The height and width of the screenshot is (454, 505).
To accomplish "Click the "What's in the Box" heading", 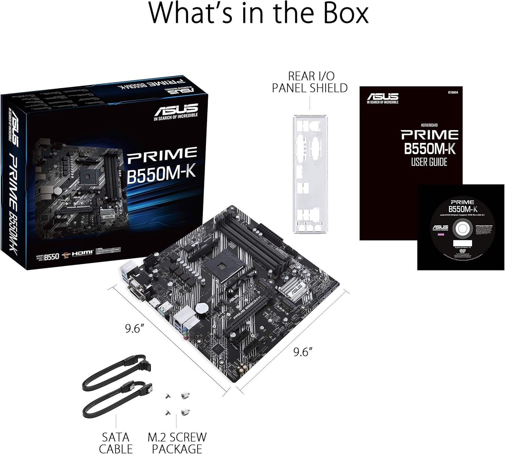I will (258, 13).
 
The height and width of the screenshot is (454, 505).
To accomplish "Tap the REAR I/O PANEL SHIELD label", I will (310, 82).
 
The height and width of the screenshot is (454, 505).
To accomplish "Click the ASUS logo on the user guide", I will (382, 98).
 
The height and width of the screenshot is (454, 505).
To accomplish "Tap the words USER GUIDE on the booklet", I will (429, 162).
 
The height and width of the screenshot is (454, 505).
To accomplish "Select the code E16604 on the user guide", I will (453, 92).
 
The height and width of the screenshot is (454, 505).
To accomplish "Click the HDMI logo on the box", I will (82, 252).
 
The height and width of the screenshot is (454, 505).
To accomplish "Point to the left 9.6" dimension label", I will (134, 328).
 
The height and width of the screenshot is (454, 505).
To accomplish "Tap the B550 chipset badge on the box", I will (52, 256).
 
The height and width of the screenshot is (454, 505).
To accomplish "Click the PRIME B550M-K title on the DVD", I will (463, 206).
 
